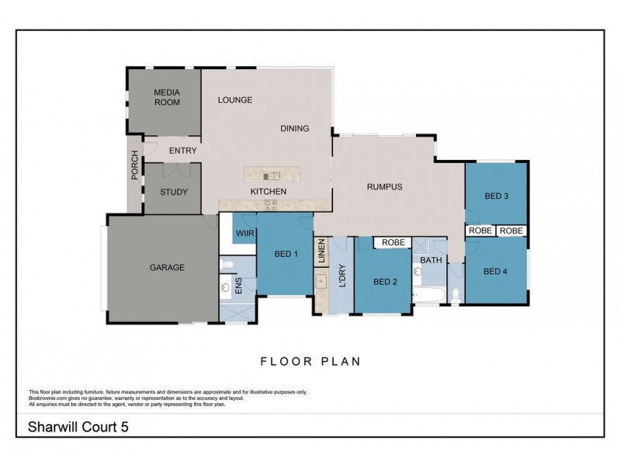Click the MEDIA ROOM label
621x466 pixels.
click(167, 97)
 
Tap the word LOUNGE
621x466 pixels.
click(235, 99)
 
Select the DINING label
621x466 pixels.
click(294, 129)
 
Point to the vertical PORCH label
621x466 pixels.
click(134, 165)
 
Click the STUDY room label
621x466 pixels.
click(173, 192)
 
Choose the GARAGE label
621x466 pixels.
click(167, 268)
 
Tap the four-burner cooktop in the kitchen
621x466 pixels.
click(271, 205)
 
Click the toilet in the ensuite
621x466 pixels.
click(226, 266)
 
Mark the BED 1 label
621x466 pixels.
click(286, 254)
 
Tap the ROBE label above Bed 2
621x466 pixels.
click(392, 242)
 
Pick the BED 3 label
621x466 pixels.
click(495, 196)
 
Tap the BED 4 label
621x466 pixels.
click(495, 271)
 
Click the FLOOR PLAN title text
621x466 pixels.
click(310, 361)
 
